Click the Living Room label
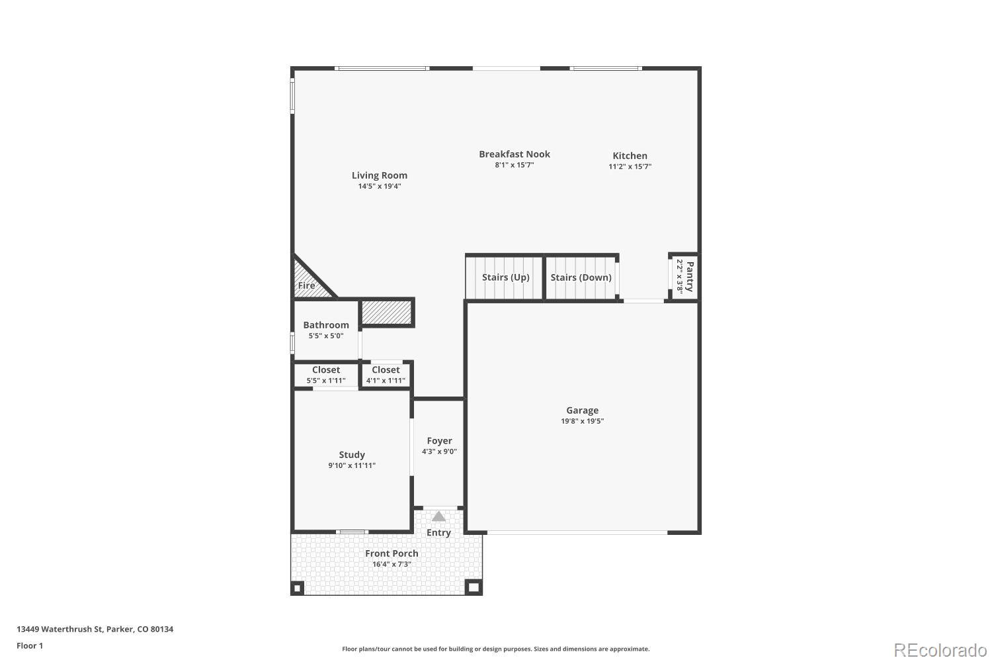(x=379, y=175)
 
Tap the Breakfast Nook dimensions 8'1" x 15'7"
(x=514, y=165)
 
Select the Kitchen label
(x=630, y=156)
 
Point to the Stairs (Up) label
(x=505, y=277)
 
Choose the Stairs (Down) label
(x=581, y=277)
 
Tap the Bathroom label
(x=325, y=325)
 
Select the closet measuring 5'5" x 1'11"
(x=325, y=375)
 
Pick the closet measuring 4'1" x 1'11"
(x=386, y=375)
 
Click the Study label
(x=351, y=455)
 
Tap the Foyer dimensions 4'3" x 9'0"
(x=439, y=451)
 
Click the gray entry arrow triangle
(x=438, y=516)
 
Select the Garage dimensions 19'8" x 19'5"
(x=582, y=421)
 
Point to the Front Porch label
(x=392, y=553)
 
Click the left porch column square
(x=298, y=587)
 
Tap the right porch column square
(x=474, y=587)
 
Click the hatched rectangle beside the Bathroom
(x=387, y=312)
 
